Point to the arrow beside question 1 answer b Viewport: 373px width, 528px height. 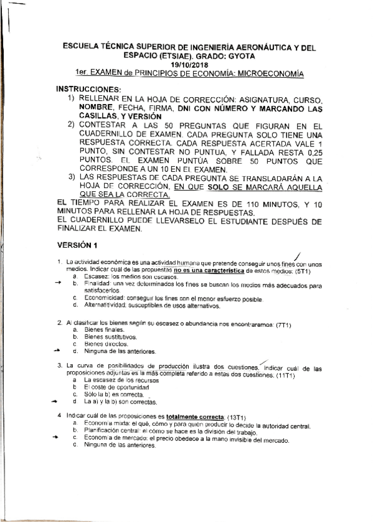(58, 282)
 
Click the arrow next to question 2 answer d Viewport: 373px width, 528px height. (58, 350)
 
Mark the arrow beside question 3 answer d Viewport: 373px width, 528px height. (58, 401)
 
